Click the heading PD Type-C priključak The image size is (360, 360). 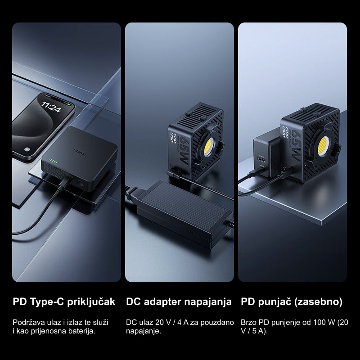tap(64, 302)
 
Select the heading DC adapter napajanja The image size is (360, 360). tap(179, 301)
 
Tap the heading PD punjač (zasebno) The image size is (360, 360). tap(292, 302)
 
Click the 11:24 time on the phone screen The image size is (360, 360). tap(51, 107)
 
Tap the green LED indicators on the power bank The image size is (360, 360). tap(53, 162)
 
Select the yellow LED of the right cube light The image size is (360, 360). tap(323, 146)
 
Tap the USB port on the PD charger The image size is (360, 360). tap(261, 159)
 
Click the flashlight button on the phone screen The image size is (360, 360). tap(27, 149)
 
